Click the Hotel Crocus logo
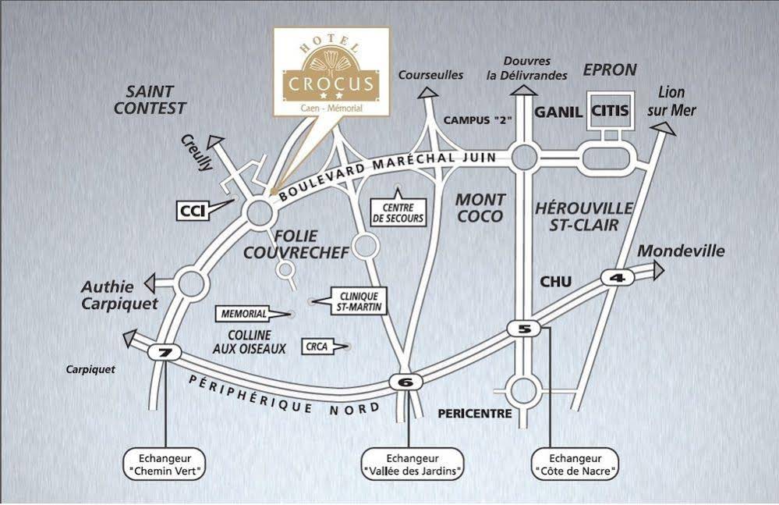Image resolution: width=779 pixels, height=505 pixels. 331,71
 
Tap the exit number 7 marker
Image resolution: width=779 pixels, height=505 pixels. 164,353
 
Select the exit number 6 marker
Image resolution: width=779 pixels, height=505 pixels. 405,382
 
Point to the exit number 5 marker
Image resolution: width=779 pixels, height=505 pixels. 524,329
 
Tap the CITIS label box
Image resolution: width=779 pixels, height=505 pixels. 610,111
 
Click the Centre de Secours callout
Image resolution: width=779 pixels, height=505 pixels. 398,212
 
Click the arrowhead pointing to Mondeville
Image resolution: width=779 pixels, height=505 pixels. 659,270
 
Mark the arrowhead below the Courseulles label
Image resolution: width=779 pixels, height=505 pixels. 427,92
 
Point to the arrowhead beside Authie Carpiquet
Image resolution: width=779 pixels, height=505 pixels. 150,283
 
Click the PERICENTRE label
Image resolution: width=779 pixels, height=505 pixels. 475,413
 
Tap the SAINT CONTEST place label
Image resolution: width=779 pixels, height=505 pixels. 150,100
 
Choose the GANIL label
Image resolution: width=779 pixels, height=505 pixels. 558,112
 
